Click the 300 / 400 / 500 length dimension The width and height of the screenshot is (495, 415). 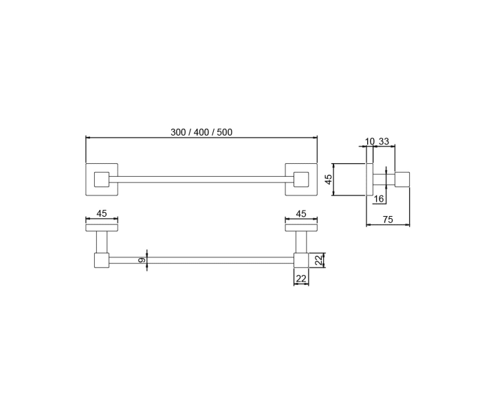(201, 132)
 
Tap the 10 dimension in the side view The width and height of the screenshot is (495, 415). (370, 141)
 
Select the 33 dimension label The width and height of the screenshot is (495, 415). (384, 141)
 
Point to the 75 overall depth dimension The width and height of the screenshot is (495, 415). (388, 220)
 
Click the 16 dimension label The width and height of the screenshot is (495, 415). (379, 198)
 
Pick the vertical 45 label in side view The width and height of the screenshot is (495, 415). (329, 180)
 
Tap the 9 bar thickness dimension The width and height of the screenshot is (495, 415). (142, 260)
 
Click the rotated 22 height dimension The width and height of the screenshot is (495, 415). (319, 260)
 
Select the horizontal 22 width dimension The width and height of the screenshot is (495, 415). (301, 279)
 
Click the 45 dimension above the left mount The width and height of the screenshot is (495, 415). (102, 213)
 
